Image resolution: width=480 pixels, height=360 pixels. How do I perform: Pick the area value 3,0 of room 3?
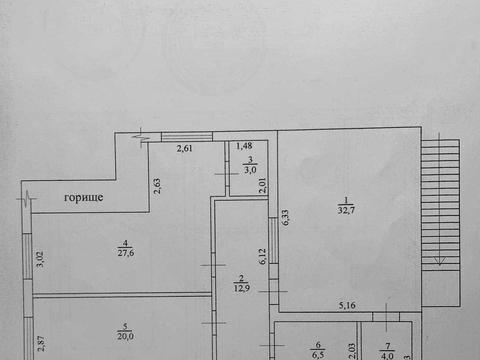pos(249,171)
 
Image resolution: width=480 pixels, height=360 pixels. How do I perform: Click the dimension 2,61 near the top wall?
pos(186,149)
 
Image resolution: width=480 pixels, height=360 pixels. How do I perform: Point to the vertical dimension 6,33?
pos(285,217)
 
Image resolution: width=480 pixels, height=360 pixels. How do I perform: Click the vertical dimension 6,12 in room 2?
pos(263,256)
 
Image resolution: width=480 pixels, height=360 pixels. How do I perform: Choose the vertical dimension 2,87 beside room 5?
pos(40,342)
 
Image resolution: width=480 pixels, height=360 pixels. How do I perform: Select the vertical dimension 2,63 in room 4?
pos(158,186)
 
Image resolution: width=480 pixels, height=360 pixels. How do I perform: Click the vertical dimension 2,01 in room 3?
pos(263,184)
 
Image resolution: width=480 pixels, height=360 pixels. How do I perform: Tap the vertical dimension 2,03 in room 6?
pos(351,350)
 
